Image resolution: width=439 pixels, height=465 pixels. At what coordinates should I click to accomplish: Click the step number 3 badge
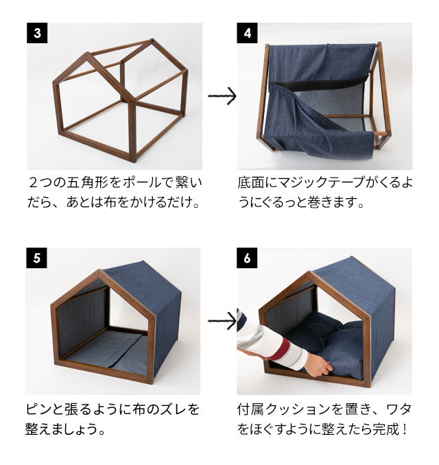36,32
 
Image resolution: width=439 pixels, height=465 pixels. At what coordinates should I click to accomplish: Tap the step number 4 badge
247,32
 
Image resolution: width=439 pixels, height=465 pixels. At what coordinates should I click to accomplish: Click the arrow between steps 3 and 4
221,96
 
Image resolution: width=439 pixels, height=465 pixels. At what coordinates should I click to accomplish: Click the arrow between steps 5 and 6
221,320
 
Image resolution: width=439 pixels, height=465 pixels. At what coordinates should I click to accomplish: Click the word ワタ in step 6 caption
397,409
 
